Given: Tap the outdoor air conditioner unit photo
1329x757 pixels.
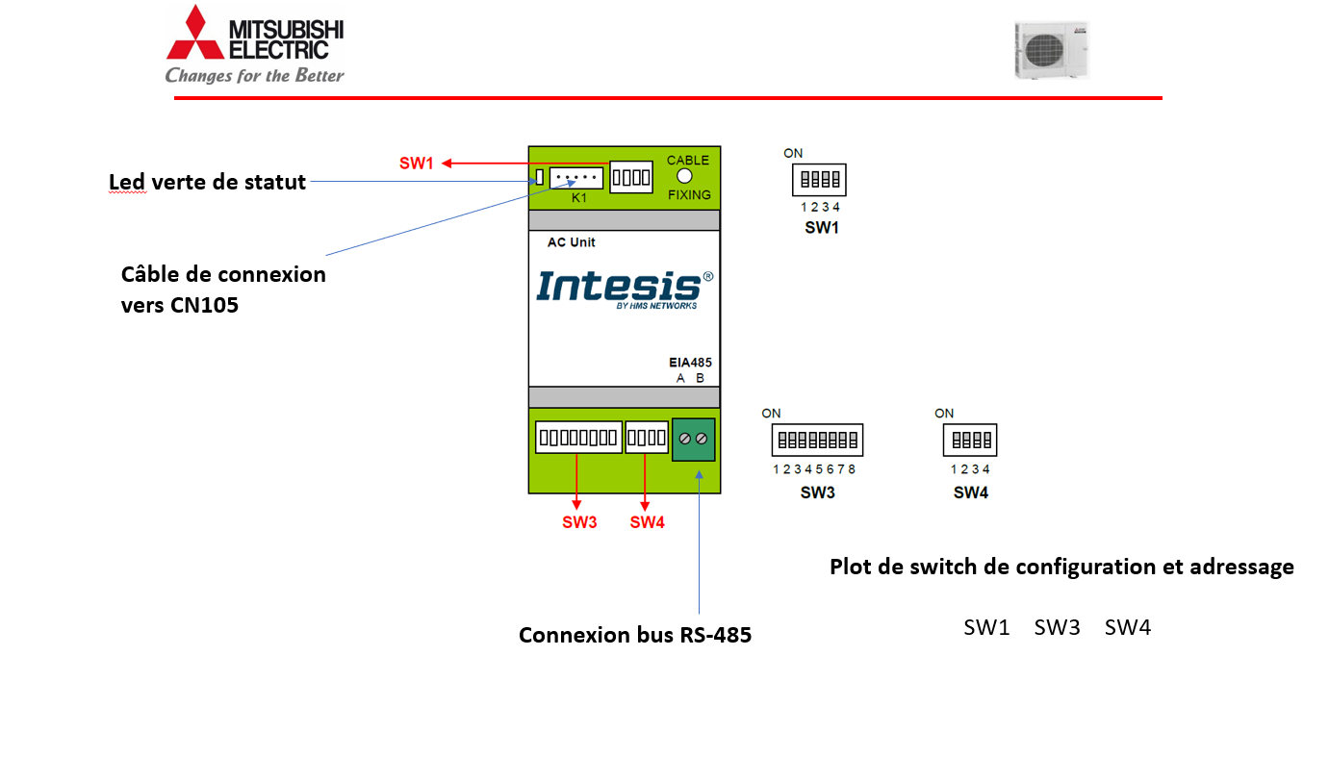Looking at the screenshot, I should [x=1051, y=50].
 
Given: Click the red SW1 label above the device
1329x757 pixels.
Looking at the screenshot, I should [x=417, y=164].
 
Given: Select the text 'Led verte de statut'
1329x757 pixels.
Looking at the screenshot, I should [x=207, y=182].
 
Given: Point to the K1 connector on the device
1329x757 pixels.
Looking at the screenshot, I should [x=576, y=179].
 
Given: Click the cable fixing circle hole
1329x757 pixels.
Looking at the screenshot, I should [x=685, y=177].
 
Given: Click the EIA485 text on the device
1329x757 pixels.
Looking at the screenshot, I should [x=690, y=363].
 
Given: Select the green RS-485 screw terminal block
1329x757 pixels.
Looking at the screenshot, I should [x=694, y=439].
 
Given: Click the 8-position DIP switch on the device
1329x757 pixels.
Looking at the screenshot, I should [x=577, y=438].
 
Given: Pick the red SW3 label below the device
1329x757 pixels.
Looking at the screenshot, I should [x=579, y=522].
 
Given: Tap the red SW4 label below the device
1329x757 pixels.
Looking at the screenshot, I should [x=647, y=522].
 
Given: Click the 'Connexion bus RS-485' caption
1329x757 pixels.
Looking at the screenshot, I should [x=634, y=635].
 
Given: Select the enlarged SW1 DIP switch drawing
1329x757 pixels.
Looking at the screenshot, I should [x=818, y=180].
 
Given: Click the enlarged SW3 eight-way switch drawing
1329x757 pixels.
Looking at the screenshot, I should [x=817, y=441].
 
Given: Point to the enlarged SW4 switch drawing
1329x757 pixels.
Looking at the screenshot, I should [x=970, y=441].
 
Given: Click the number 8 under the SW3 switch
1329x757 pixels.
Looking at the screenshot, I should [x=852, y=469].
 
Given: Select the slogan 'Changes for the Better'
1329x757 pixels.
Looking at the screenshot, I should [x=254, y=75].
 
